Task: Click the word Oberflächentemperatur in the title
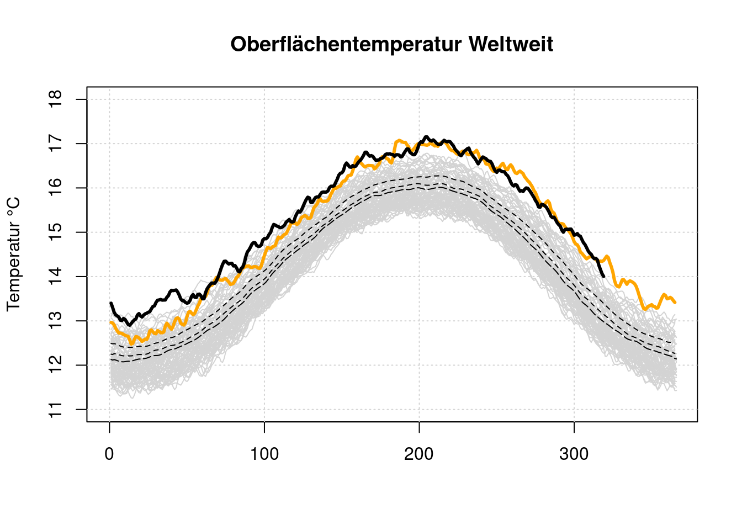pos(346,44)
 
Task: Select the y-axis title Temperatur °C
pos(13,255)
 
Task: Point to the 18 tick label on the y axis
pos(56,99)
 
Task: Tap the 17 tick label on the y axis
pos(56,144)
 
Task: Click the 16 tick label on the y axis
pos(56,188)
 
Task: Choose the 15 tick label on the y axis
pos(56,232)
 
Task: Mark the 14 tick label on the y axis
pos(56,276)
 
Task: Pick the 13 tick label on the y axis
pos(56,321)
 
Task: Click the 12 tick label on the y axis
pos(56,365)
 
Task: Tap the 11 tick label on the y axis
pos(56,409)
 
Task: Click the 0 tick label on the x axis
pos(109,454)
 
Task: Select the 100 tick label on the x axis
pos(264,454)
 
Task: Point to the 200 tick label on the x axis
pos(419,454)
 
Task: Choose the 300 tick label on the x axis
pos(574,454)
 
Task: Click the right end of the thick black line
pos(603,276)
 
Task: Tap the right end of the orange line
pos(675,303)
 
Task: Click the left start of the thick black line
pos(111,303)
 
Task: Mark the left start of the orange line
pos(110,322)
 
